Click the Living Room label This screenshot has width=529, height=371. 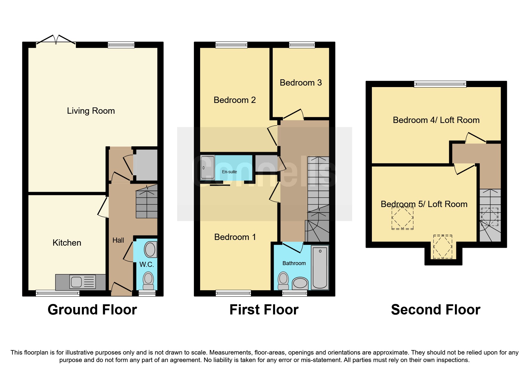click(x=91, y=111)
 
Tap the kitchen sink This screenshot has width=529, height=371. click(x=76, y=282)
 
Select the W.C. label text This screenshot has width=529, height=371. click(x=147, y=264)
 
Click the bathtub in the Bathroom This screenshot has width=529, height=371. click(x=320, y=267)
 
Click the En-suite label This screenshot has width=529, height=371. click(x=229, y=172)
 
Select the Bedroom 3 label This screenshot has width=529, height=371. click(x=300, y=83)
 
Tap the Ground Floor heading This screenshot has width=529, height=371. click(x=92, y=310)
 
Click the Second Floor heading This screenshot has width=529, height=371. click(x=436, y=310)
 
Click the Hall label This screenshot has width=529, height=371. click(x=118, y=240)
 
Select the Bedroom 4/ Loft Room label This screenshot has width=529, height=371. click(x=436, y=120)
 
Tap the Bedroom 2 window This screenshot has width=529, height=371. click(x=231, y=45)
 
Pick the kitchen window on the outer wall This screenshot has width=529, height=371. click(x=57, y=294)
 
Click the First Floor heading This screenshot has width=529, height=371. click(x=264, y=310)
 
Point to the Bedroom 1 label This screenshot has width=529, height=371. click(x=235, y=237)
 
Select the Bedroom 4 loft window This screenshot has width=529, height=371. click(x=440, y=84)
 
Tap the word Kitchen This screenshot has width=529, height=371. click(x=67, y=243)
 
